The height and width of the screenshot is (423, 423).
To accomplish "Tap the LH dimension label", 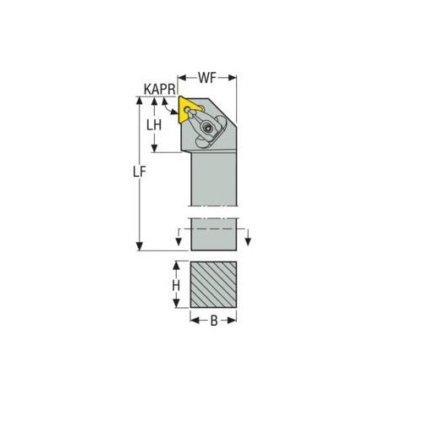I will [154, 125].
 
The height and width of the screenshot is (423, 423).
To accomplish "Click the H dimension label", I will [176, 286].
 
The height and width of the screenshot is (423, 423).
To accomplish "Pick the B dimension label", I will [213, 321].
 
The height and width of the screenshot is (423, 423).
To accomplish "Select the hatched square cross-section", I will [213, 286].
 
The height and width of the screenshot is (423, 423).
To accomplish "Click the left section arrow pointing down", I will [179, 244].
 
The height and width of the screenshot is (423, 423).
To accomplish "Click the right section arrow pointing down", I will [248, 244].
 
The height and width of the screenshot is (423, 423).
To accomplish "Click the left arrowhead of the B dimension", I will [192, 321].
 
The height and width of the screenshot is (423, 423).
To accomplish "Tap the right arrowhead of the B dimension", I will [234, 321].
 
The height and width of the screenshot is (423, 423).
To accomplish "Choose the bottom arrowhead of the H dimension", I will [176, 306].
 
